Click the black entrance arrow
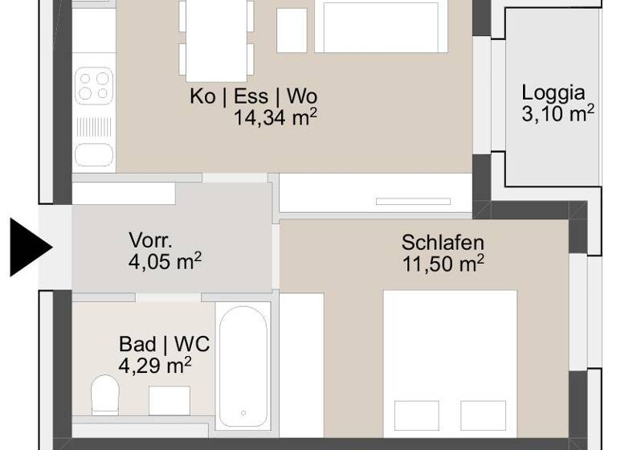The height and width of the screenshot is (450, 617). [x=29, y=247]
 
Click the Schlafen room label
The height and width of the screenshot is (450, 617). [x=443, y=243]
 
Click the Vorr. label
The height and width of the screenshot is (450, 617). [x=149, y=240]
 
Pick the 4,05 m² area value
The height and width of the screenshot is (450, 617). [x=164, y=261]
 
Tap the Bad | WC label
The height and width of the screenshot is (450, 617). [x=164, y=345]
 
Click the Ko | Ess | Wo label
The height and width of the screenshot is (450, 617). [x=253, y=97]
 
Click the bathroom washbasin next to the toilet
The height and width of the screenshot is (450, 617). [x=170, y=399]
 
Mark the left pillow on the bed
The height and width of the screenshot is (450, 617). [x=416, y=415]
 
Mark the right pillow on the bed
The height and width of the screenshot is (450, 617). [x=483, y=415]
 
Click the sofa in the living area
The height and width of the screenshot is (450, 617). [x=381, y=27]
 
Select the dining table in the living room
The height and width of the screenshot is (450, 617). [x=216, y=36]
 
